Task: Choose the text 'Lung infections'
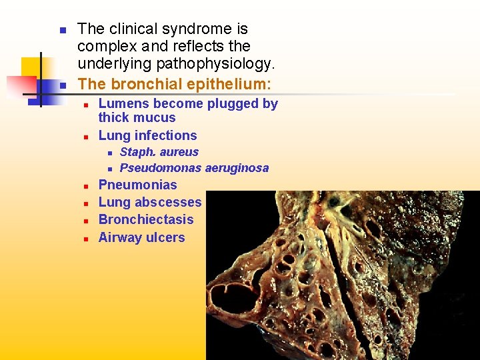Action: pyautogui.click(x=147, y=135)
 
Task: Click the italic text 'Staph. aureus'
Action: pyautogui.click(x=159, y=152)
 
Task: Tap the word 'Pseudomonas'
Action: pyautogui.click(x=161, y=168)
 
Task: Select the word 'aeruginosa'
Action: pyautogui.click(x=237, y=168)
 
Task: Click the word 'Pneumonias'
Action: pyautogui.click(x=137, y=185)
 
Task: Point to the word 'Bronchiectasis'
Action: pyautogui.click(x=145, y=219)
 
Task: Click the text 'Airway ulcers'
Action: pyautogui.click(x=141, y=237)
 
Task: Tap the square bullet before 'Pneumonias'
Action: pyautogui.click(x=86, y=186)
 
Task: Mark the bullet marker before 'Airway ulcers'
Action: pyautogui.click(x=86, y=239)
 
